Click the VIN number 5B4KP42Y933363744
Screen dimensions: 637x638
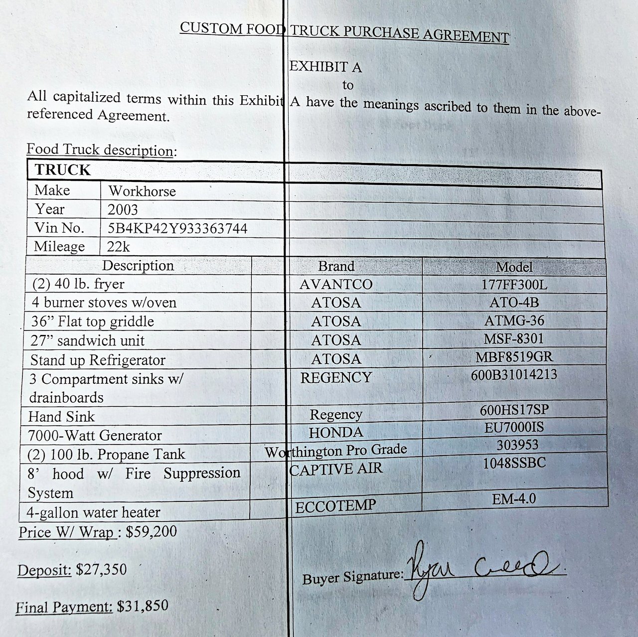point(177,228)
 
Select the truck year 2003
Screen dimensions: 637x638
point(122,209)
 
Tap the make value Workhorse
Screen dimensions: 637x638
point(142,191)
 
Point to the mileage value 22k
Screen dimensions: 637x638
point(119,247)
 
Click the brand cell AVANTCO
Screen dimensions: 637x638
point(336,284)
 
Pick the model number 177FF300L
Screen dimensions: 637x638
point(514,285)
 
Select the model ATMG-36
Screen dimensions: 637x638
point(514,320)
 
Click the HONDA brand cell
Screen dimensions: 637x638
point(336,432)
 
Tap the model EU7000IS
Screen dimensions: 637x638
point(514,427)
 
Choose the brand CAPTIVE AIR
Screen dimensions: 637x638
point(336,469)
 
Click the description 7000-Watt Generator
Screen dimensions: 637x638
point(95,436)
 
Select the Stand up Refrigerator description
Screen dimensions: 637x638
point(98,360)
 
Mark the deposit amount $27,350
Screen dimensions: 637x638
point(101,569)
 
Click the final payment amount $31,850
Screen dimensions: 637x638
point(143,606)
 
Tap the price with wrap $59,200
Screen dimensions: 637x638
point(151,531)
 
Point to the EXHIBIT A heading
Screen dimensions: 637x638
point(325,67)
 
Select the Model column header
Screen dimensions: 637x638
point(514,267)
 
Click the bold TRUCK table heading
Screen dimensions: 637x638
point(63,170)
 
